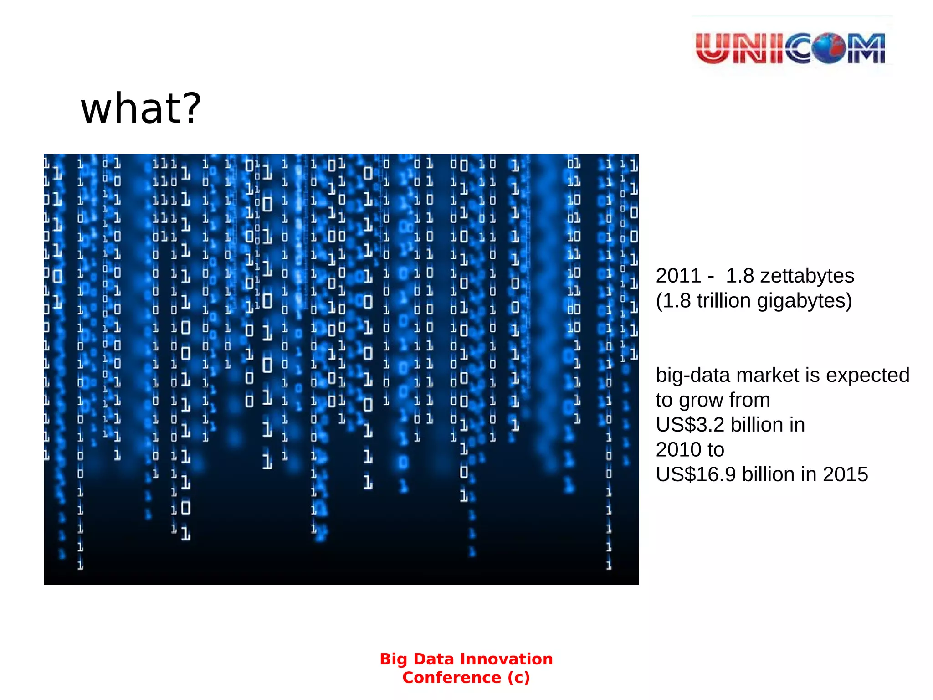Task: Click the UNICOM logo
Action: click(x=791, y=48)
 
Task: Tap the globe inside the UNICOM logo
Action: click(x=829, y=48)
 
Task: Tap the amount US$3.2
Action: click(x=690, y=425)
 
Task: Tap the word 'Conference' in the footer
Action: click(x=451, y=678)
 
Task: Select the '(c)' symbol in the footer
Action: click(x=518, y=678)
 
